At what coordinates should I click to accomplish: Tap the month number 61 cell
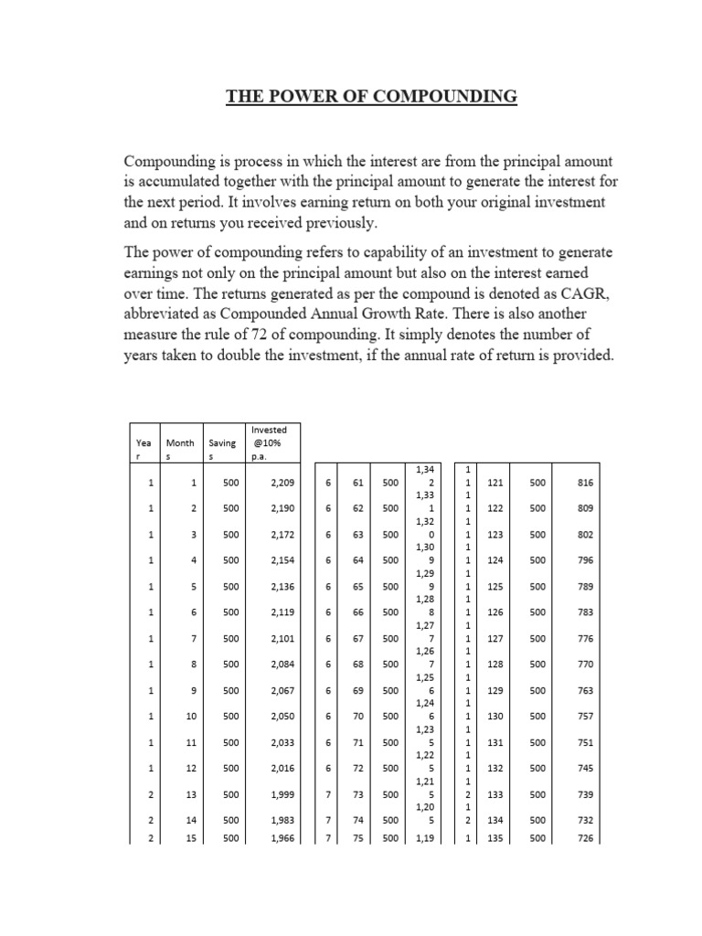point(356,481)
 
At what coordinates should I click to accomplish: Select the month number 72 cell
point(356,769)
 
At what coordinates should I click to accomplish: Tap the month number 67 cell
point(356,638)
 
